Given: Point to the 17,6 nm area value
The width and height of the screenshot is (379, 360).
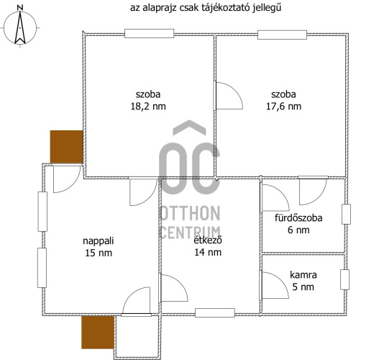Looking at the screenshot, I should pos(286,107).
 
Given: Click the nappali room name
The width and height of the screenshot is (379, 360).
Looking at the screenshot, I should pos(99,241).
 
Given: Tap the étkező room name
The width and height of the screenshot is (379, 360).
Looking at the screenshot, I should pos(209,251).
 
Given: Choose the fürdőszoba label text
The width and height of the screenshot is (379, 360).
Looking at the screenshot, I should pos(298,218).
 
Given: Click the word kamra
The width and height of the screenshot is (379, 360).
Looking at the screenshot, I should pos(303,275).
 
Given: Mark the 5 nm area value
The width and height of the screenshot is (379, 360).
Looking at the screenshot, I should pos(303,287).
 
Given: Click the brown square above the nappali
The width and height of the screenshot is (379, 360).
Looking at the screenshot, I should pos(66,147).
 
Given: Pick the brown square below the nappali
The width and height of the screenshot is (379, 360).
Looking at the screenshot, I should pos(98,333).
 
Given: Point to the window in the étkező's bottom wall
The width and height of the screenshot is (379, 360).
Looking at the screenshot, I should pos(215,313).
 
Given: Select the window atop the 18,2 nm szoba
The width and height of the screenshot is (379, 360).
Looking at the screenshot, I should pos(149,32).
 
